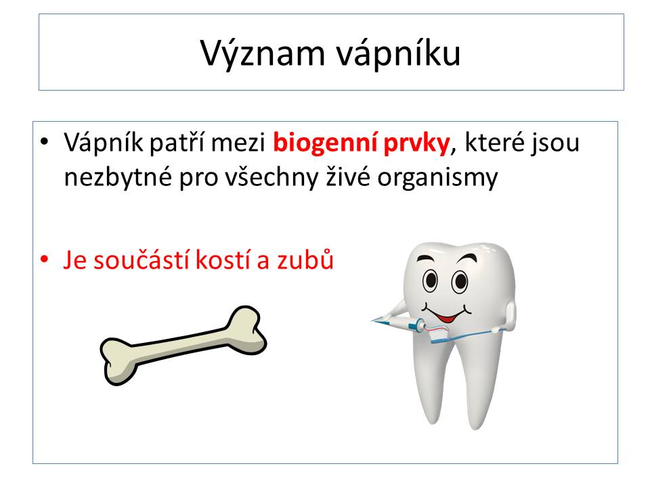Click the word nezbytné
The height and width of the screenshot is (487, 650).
point(118,177)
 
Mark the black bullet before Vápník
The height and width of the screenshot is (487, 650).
point(45,142)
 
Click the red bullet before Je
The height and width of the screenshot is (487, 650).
point(45,259)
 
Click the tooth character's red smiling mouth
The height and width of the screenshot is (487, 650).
point(447,318)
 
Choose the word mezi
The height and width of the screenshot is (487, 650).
point(238,143)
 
